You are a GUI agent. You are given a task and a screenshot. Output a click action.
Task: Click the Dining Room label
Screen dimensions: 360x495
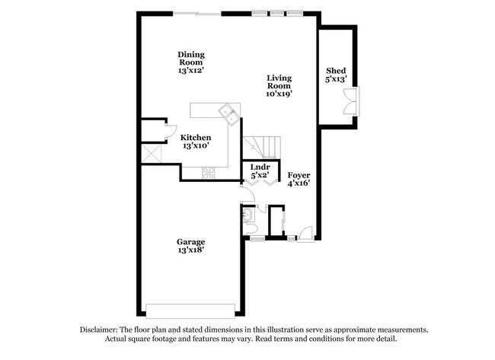point(190,55)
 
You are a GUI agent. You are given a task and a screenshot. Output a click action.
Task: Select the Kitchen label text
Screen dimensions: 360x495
point(196,138)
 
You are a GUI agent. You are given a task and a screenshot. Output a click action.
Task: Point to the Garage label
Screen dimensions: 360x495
point(191,242)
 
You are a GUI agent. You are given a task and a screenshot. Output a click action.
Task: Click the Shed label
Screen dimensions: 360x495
point(336,71)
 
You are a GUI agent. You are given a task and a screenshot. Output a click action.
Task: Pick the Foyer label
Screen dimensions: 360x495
point(299,174)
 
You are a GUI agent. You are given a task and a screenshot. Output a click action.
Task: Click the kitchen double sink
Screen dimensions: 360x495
point(228,113)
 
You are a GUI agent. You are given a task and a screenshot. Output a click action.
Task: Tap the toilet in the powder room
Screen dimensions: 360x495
point(247,216)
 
